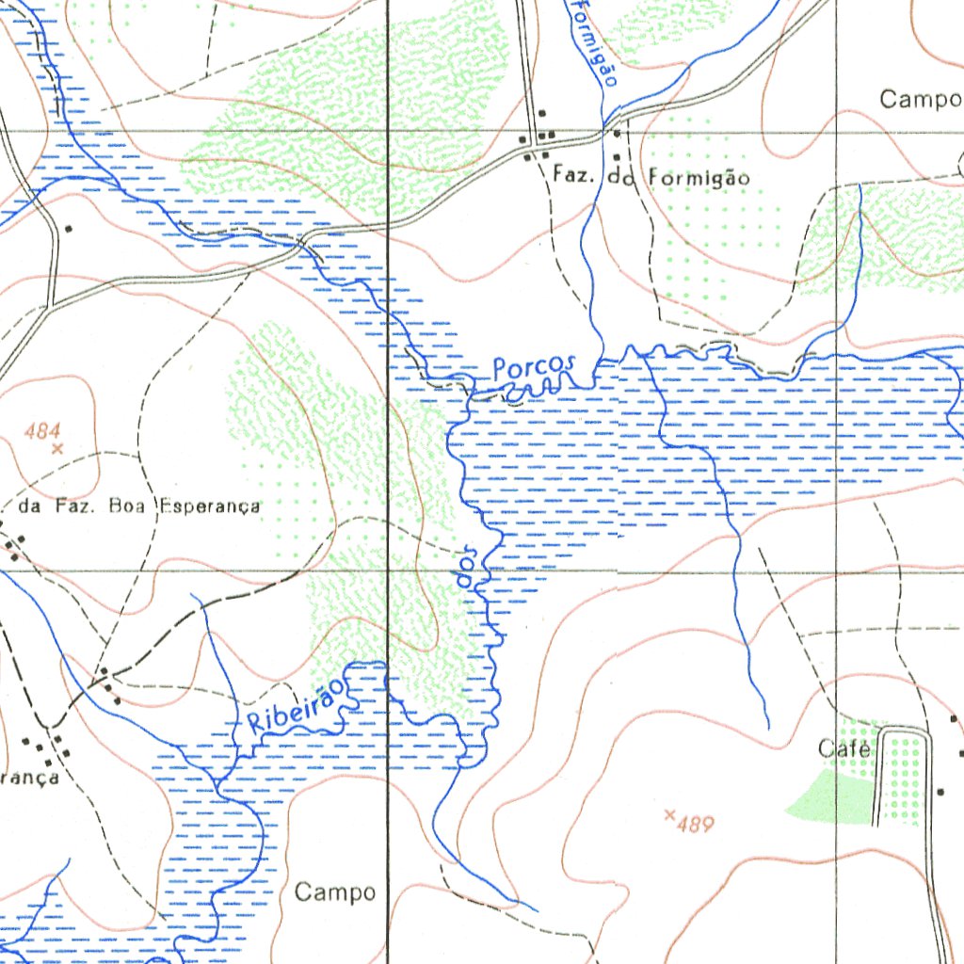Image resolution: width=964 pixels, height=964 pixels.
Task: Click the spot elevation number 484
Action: tap(43, 431)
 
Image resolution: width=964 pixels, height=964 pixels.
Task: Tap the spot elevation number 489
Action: tap(696, 826)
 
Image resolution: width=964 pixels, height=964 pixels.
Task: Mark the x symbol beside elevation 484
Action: tap(56, 449)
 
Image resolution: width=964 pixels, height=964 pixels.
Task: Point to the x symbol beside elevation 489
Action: tap(670, 814)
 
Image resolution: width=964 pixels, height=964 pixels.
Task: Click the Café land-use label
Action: tap(844, 749)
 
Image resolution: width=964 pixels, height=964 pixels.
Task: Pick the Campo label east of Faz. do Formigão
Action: tap(921, 99)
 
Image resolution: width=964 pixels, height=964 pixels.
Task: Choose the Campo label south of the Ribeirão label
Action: tap(335, 892)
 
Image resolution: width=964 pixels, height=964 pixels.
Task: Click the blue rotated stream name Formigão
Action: tap(594, 42)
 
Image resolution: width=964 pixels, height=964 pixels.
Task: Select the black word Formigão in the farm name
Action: tap(699, 177)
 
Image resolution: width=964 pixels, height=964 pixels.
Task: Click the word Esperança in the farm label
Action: tap(208, 506)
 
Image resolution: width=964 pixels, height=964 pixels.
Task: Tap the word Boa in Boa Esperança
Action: tap(128, 506)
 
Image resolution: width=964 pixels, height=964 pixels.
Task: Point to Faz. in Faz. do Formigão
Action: tap(571, 175)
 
